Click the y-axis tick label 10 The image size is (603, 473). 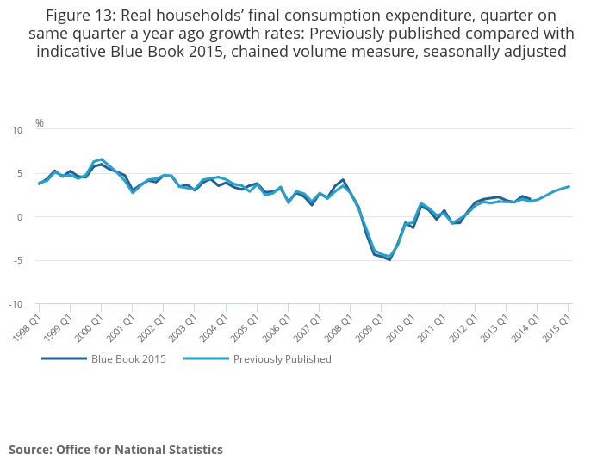point(17,130)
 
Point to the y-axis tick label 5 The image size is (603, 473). point(20,173)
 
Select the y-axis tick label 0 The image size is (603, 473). point(20,217)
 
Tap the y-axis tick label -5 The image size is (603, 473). point(18,260)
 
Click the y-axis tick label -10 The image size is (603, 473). point(16,304)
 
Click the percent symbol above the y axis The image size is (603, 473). point(39,123)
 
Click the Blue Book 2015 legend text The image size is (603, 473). point(128,359)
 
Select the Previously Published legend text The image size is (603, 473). point(282,359)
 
